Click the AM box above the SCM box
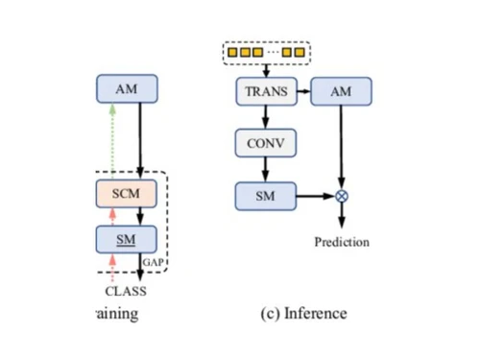pos(127,89)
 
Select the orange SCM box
pos(127,194)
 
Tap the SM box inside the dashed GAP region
pos(127,238)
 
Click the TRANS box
pos(266,91)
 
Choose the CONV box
pos(266,144)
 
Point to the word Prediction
pos(342,242)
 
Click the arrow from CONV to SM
pos(266,170)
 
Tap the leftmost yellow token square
pos(231,52)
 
